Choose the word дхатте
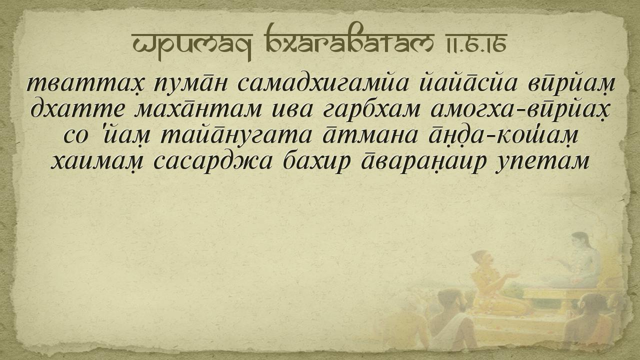77,109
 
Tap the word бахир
316,161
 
